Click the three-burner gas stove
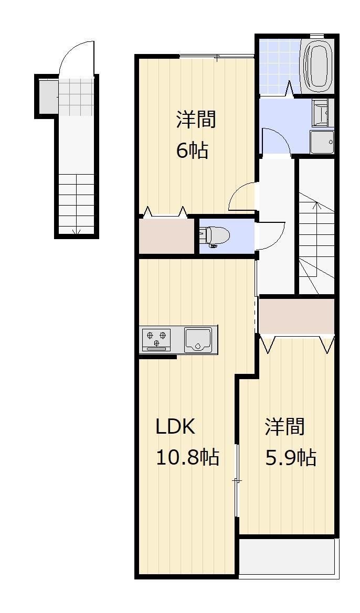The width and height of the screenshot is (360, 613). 157,339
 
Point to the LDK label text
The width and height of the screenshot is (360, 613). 175,427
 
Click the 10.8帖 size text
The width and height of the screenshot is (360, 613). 187,457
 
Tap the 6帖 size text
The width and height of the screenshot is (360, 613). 192,151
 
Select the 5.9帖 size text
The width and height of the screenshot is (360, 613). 290,458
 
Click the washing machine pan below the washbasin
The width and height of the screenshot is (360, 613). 321,142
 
